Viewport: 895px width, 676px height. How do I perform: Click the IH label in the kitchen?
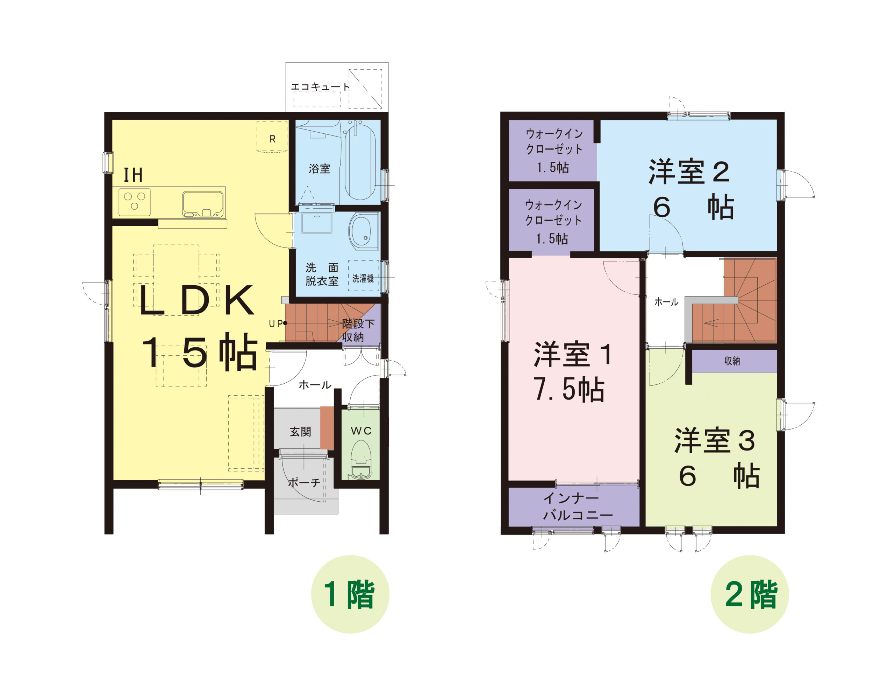pyautogui.click(x=133, y=175)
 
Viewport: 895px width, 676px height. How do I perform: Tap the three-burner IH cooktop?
pyautogui.click(x=134, y=202)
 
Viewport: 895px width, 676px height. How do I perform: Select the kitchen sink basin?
pyautogui.click(x=203, y=204)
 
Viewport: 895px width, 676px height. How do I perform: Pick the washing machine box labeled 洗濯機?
pyautogui.click(x=363, y=276)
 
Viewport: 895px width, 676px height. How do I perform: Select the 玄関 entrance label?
pyautogui.click(x=300, y=432)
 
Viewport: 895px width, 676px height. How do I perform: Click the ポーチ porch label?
pyautogui.click(x=304, y=482)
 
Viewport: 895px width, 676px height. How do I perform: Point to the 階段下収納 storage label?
pyautogui.click(x=358, y=330)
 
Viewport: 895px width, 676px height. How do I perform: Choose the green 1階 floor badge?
pyautogui.click(x=350, y=594)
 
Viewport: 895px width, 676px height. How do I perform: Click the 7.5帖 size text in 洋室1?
pyautogui.click(x=569, y=390)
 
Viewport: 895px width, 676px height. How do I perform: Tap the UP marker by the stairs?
pyautogui.click(x=278, y=323)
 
